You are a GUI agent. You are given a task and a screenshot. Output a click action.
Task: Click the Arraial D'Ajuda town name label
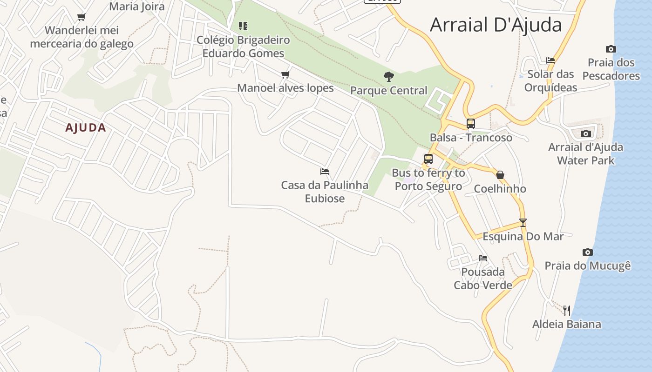coord(496,25)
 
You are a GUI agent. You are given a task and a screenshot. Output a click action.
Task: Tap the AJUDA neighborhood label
coord(86,128)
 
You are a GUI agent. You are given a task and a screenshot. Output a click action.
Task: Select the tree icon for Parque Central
coord(388,77)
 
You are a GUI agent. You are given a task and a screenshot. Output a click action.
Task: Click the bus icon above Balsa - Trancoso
coord(471,124)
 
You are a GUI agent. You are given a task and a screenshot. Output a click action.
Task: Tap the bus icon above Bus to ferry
coord(428,159)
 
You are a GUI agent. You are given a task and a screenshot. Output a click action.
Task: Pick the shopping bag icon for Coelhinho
coord(500,175)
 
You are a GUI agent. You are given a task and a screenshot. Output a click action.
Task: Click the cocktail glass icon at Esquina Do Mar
coord(523,223)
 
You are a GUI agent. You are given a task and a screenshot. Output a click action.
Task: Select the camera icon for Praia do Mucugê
coord(588,252)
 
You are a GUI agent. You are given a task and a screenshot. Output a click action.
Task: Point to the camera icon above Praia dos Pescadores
coord(611,49)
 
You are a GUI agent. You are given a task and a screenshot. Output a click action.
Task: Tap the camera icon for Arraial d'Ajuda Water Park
coord(586,134)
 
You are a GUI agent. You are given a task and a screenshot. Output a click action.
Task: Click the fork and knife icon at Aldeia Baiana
coord(567,310)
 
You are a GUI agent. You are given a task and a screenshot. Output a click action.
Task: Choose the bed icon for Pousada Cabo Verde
coord(483,258)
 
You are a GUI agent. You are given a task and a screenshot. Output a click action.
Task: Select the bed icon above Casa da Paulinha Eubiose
coord(325,172)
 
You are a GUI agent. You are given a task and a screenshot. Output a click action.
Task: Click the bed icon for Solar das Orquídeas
coord(550,60)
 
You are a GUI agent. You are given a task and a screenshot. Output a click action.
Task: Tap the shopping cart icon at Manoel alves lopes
coord(285,74)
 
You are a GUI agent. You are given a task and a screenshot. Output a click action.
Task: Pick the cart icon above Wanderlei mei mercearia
coord(81,17)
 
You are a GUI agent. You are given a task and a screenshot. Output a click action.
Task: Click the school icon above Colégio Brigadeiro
coord(243,26)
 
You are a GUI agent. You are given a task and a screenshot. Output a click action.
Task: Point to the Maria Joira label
coord(137,7)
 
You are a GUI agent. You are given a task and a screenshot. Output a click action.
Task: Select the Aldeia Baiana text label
coord(567,324)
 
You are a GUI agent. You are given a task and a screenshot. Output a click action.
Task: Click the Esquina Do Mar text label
coord(523,236)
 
